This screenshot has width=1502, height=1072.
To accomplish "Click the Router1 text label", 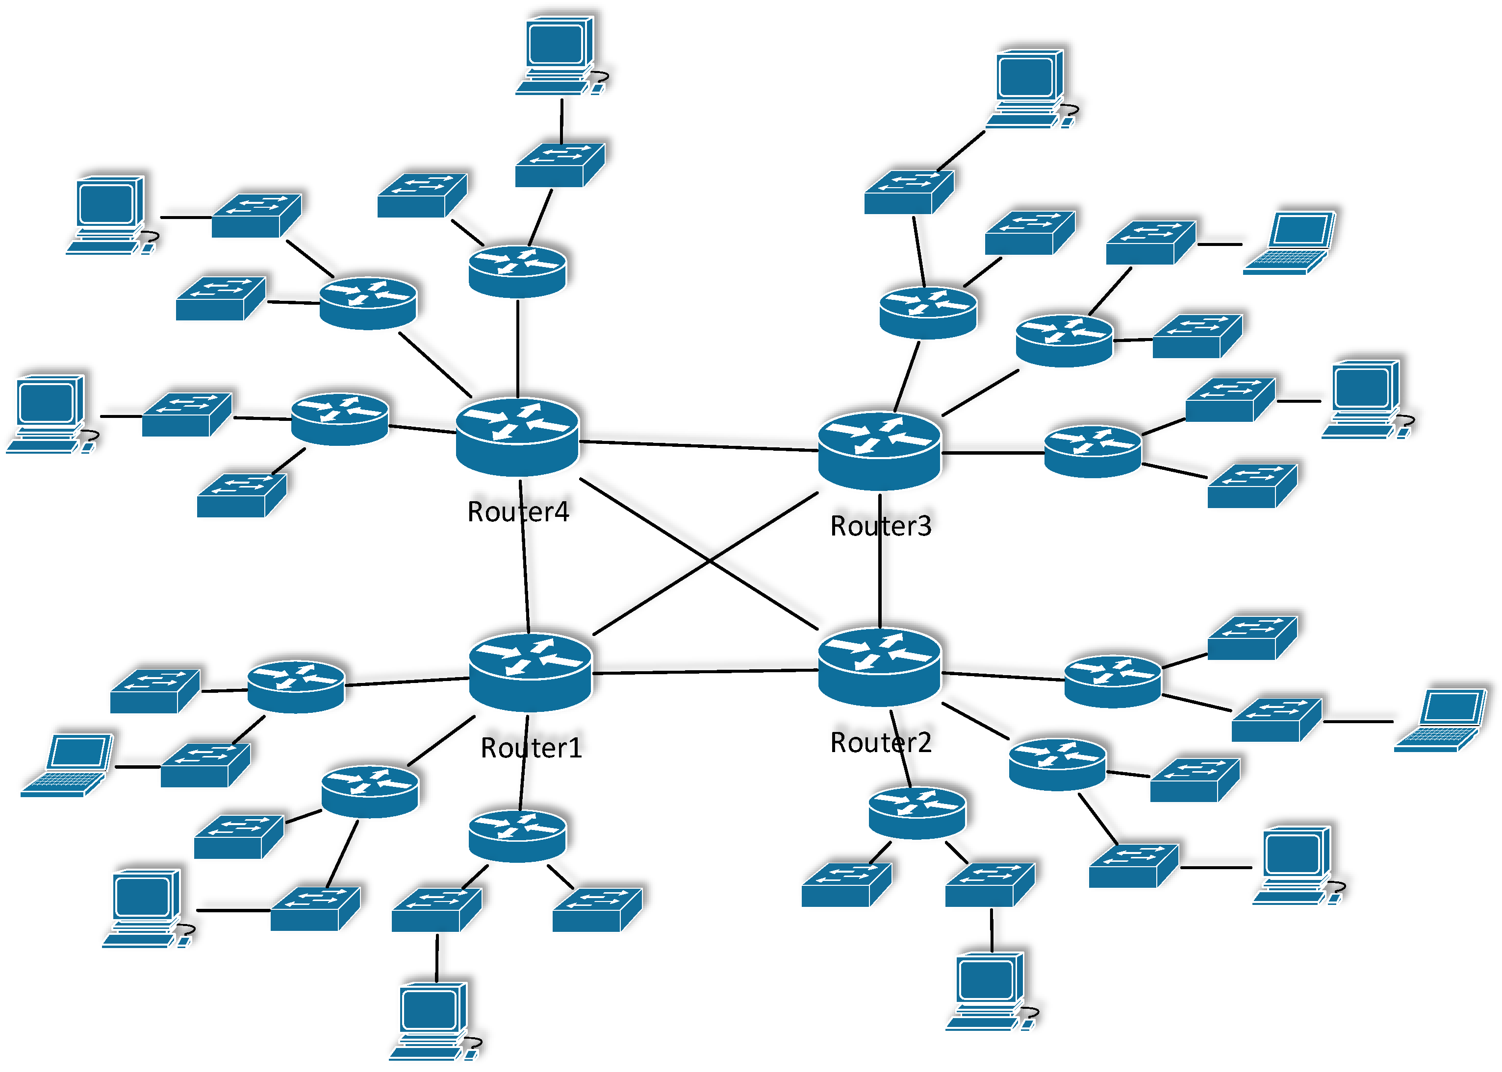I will point(531,748).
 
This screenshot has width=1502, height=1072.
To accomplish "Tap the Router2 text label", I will point(881,743).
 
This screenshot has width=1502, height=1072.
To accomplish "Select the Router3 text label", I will point(881,526).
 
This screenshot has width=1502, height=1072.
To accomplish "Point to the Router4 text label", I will point(518,512).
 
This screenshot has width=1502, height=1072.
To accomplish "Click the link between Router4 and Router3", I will point(698,446).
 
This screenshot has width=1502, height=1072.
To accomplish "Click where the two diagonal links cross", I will point(710,560).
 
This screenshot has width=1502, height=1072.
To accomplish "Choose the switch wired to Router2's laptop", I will point(1276,720).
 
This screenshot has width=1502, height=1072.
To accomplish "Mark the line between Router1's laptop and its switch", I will point(137,767).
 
